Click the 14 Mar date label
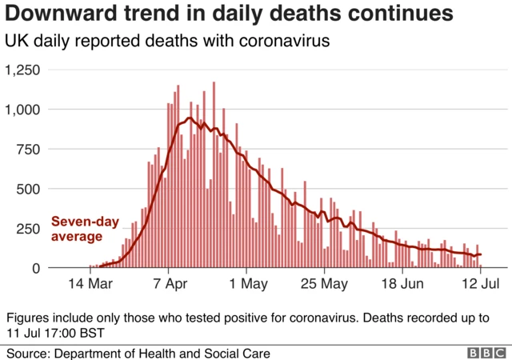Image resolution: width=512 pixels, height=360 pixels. (90, 284)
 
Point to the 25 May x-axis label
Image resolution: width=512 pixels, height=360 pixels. (323, 284)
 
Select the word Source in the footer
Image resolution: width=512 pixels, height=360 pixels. (29, 353)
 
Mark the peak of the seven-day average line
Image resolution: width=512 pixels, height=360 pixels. (190, 118)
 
